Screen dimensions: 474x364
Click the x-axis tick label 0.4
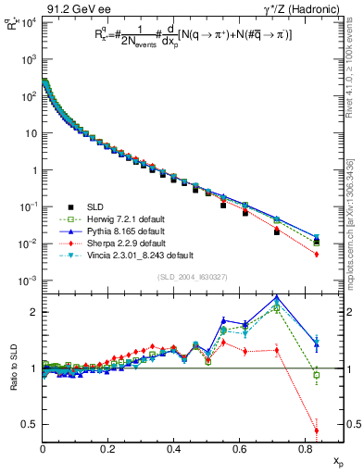pyautogui.click(x=174, y=449)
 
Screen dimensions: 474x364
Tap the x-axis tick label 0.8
pyautogui.click(x=305, y=449)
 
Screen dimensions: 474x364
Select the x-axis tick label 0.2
pyautogui.click(x=108, y=449)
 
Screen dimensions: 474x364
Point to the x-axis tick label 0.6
pyautogui.click(x=240, y=449)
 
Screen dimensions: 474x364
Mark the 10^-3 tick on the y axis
pyautogui.click(x=27, y=281)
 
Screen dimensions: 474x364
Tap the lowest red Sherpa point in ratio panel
pyautogui.click(x=317, y=430)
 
